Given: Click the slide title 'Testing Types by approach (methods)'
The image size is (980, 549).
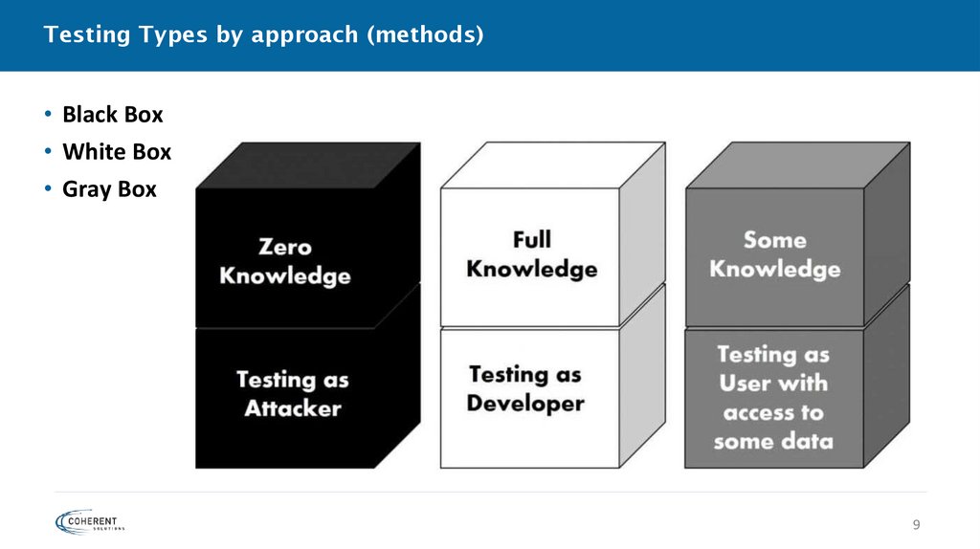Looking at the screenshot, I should (263, 35).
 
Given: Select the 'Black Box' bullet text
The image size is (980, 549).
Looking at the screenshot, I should (112, 115).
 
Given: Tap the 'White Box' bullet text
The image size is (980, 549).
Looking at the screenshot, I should (116, 152).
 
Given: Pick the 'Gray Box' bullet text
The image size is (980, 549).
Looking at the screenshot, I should (109, 189).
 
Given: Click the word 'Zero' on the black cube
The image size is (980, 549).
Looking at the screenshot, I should (285, 247).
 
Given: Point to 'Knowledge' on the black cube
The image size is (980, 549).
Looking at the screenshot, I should (285, 276).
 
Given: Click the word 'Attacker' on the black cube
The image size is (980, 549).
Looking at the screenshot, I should (292, 408).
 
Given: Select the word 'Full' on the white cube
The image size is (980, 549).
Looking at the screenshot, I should (531, 238).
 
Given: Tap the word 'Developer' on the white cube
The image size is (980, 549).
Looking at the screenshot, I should (525, 403).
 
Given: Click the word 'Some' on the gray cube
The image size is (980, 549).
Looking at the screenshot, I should (775, 239).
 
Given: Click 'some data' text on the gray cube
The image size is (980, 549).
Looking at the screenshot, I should (773, 442).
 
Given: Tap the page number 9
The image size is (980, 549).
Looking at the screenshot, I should (916, 524).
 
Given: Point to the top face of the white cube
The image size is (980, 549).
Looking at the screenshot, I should (552, 165).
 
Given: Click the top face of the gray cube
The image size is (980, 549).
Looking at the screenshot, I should (797, 165).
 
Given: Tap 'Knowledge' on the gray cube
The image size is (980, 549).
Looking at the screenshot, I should (775, 269).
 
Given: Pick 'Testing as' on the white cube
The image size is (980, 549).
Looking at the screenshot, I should (525, 374).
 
